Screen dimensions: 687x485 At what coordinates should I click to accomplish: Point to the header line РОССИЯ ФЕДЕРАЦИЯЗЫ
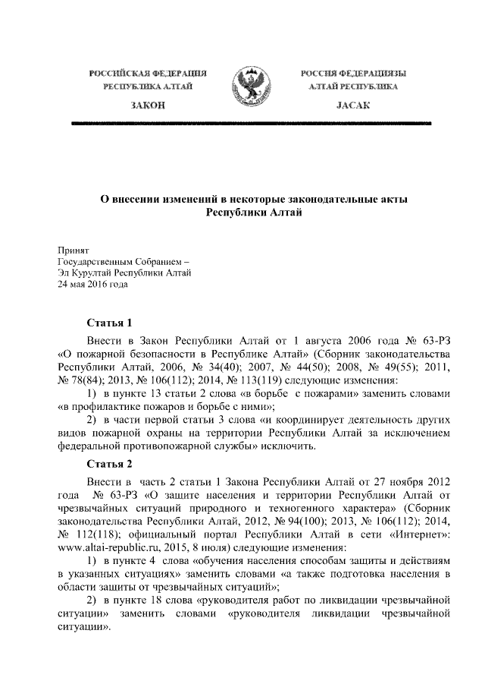[352, 74]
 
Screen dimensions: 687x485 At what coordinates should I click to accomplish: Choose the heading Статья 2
[111, 464]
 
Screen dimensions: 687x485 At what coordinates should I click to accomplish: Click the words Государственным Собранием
[119, 262]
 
